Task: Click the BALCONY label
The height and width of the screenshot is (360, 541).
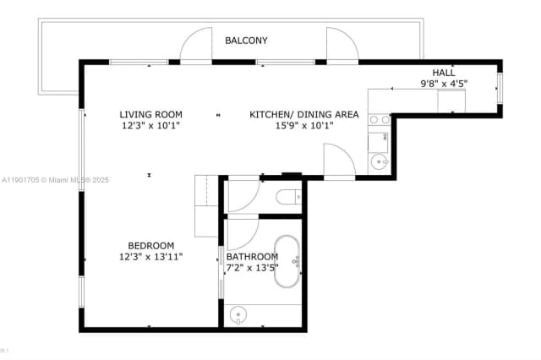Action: click(x=246, y=41)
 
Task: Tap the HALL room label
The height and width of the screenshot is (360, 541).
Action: click(x=444, y=73)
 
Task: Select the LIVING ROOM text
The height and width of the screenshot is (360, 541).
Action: click(x=150, y=114)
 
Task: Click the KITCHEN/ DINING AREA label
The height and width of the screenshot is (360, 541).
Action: click(x=304, y=114)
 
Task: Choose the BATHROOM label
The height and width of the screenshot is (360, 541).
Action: click(x=252, y=257)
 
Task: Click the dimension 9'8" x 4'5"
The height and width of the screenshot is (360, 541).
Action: click(x=444, y=84)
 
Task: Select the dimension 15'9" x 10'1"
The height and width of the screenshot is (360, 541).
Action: click(x=304, y=125)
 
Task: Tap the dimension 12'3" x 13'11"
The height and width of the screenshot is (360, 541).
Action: click(x=150, y=256)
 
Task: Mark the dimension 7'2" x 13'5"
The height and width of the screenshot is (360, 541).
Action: click(x=252, y=268)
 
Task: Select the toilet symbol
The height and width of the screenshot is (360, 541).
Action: click(x=287, y=197)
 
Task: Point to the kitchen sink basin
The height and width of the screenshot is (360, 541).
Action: click(x=377, y=161)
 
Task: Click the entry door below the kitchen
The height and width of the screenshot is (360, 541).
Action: click(x=338, y=161)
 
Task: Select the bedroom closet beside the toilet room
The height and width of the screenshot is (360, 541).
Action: click(x=206, y=206)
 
